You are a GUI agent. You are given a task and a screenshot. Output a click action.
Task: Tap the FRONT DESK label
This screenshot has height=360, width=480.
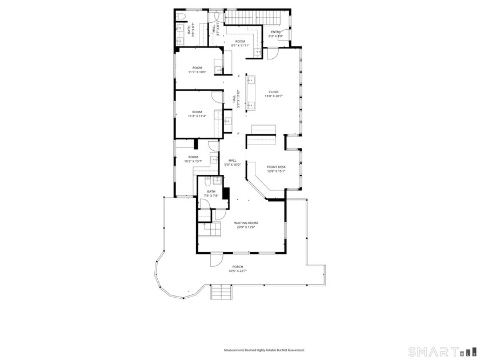(276, 166)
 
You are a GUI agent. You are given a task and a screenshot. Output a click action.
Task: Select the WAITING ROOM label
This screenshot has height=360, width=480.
(246, 223)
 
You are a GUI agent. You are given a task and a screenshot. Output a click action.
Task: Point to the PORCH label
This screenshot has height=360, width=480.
(237, 267)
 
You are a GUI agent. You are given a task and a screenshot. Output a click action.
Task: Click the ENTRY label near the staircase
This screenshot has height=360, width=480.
(275, 32)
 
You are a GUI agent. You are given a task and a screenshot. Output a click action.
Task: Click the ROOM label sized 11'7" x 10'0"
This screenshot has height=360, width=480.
(197, 68)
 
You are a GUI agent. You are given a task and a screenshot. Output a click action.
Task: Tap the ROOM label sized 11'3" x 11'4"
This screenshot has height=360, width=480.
(197, 111)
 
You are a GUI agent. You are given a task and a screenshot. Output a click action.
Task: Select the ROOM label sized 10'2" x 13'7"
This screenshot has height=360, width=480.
(193, 157)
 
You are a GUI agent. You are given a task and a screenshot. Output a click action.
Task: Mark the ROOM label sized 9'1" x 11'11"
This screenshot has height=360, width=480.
(240, 41)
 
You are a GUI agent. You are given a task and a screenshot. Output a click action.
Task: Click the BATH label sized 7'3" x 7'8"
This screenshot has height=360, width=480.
(211, 191)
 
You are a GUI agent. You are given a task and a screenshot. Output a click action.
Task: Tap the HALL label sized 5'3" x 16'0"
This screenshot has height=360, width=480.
(233, 161)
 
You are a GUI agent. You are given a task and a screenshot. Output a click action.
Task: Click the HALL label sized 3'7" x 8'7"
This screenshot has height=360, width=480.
(214, 29)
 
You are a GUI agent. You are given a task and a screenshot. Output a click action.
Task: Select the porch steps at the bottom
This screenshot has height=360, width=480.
(222, 292)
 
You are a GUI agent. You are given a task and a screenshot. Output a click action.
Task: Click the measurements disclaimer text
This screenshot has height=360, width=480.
(263, 350)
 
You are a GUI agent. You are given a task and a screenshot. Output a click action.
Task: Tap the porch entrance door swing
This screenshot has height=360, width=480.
(216, 260)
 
